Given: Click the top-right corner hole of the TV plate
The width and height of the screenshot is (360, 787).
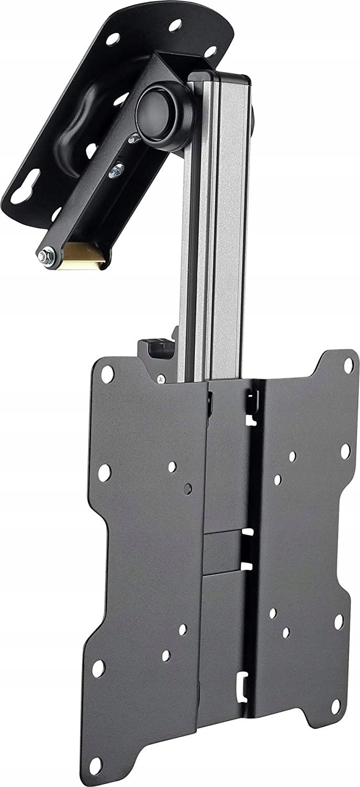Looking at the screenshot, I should pyautogui.click(x=347, y=363).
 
